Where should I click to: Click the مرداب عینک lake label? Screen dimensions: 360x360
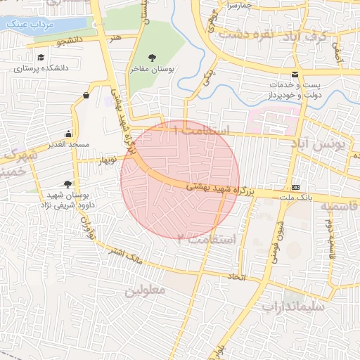[x=24, y=23]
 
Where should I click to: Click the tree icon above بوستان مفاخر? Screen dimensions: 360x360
[x=153, y=58]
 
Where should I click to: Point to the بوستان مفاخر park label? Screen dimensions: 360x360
[x=155, y=70]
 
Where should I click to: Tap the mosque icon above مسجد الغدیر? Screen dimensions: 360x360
[x=68, y=134]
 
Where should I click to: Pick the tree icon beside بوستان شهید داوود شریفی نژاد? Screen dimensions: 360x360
[x=67, y=184]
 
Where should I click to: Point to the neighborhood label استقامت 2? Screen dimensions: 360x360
[x=204, y=239]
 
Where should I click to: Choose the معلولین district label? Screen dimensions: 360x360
[x=145, y=290]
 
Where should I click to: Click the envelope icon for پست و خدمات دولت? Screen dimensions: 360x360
[x=294, y=75]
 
